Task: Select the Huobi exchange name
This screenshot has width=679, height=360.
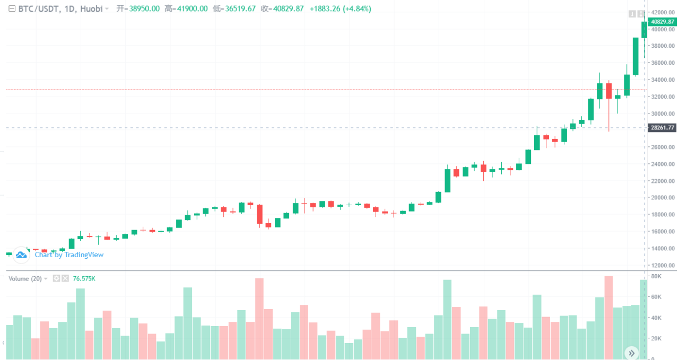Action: click(x=91, y=9)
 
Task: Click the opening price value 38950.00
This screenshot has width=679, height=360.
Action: click(x=144, y=9)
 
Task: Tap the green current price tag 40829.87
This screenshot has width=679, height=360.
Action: click(x=663, y=22)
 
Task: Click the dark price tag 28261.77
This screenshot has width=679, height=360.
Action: click(x=663, y=128)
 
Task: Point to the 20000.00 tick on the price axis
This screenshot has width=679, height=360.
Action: click(x=663, y=198)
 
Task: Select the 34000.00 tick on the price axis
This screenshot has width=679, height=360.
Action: click(x=663, y=80)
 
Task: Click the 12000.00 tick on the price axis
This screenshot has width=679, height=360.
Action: click(x=663, y=265)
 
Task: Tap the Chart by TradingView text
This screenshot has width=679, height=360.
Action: click(x=69, y=255)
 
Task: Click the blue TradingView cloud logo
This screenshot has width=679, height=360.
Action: click(x=21, y=255)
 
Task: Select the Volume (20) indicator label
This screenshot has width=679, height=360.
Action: click(x=25, y=279)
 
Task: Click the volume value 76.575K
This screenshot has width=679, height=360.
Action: click(x=84, y=279)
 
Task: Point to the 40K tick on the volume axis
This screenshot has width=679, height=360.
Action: click(x=656, y=318)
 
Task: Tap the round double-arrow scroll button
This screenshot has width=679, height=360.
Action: click(x=631, y=353)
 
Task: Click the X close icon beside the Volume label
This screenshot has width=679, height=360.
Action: click(x=65, y=279)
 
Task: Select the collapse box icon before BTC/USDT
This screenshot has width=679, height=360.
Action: click(x=12, y=9)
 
